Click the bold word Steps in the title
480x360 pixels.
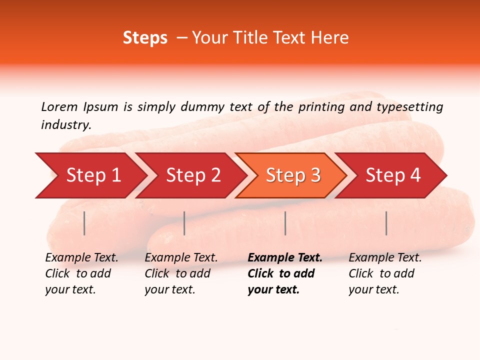[145, 37]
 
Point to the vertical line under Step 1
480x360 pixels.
[84, 223]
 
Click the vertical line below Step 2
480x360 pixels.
[184, 223]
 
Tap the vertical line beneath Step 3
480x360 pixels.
[285, 223]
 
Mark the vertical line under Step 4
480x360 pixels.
[386, 223]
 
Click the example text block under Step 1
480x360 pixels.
[81, 273]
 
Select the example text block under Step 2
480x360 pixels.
[181, 273]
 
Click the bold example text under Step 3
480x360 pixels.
[284, 273]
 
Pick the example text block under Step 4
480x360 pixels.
[385, 273]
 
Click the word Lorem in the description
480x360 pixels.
[59, 106]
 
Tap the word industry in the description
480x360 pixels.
[66, 124]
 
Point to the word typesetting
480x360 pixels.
[409, 106]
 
